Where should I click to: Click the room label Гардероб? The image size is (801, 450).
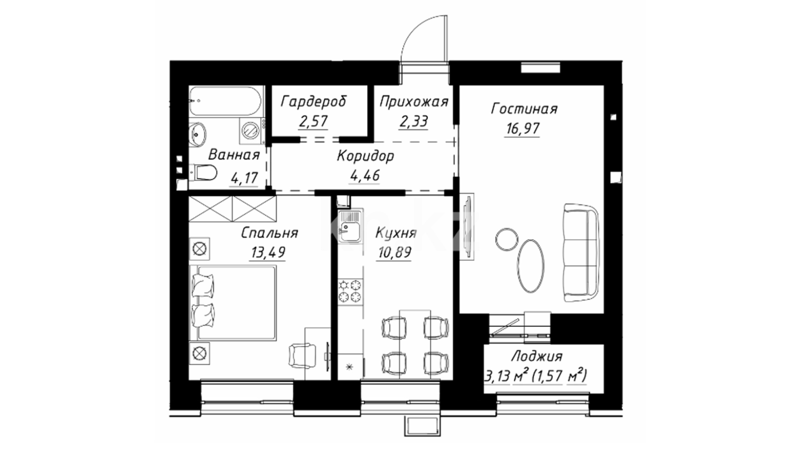click(313, 102)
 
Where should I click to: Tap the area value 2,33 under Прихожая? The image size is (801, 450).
click(413, 121)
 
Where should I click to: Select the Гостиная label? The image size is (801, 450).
click(524, 109)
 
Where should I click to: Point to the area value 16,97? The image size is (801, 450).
click(522, 129)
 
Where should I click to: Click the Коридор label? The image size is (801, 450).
click(365, 156)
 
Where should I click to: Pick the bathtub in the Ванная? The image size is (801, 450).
click(225, 101)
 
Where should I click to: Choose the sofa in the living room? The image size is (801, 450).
click(581, 252)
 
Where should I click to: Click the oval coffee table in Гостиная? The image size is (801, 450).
click(531, 265)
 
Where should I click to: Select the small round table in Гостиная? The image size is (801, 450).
click(506, 238)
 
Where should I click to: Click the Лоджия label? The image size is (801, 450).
click(537, 357)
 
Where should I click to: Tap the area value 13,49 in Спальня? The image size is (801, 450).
click(268, 252)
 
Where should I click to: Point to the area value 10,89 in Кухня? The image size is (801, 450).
click(394, 252)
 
